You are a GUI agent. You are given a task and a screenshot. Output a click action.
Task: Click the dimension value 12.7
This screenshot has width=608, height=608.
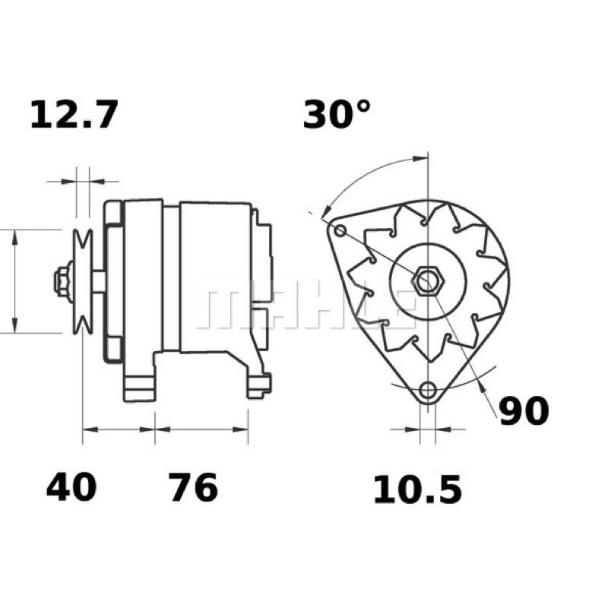click(x=73, y=115)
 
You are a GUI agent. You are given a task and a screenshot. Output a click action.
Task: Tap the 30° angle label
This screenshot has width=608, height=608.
click(x=337, y=114)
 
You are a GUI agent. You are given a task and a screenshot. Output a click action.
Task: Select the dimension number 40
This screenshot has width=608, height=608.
click(x=71, y=487)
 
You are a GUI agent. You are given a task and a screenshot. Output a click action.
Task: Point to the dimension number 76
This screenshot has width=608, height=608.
click(x=193, y=487)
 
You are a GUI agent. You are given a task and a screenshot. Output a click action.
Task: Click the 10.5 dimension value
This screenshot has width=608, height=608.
click(x=417, y=490)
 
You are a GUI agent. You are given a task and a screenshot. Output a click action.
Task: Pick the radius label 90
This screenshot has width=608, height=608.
click(x=524, y=411)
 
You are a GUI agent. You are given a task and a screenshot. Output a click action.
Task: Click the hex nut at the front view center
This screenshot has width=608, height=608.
click(x=428, y=280)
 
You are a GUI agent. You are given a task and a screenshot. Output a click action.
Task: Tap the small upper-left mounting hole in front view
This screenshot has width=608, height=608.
click(x=340, y=231)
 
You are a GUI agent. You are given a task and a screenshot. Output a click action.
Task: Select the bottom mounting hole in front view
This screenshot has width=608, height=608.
click(x=428, y=390)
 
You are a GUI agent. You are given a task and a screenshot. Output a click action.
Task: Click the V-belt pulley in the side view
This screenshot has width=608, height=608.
click(x=83, y=281)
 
